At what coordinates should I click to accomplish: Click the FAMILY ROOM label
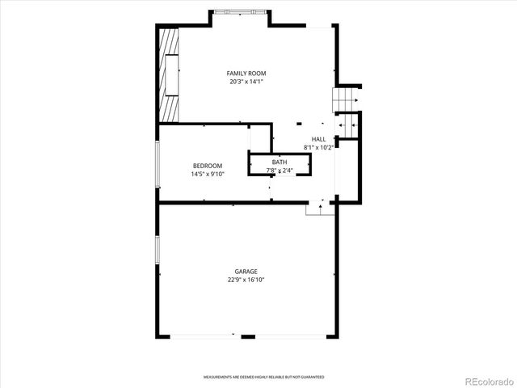246,74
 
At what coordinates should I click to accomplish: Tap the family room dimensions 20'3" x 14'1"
246,81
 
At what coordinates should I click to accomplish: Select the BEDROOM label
207,166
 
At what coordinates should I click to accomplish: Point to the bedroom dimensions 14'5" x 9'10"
207,174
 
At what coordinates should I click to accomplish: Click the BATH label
279,162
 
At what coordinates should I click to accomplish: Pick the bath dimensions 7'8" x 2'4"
279,171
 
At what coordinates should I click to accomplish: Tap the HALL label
318,140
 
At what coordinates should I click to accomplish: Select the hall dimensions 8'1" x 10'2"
318,148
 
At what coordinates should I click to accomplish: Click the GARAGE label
246,272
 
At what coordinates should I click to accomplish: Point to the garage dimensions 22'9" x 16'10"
246,280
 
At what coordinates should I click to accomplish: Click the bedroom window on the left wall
158,165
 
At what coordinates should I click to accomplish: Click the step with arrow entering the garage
320,208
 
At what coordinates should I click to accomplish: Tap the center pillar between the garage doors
248,336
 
